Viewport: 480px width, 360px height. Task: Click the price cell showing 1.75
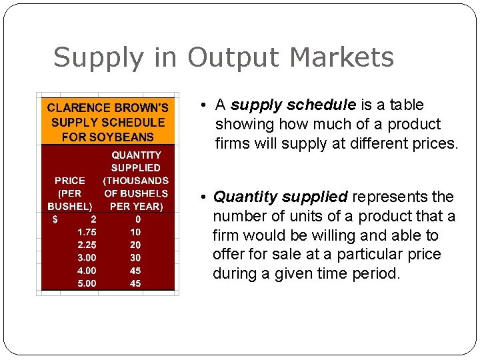click(x=87, y=232)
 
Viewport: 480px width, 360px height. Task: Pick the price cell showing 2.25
click(x=87, y=245)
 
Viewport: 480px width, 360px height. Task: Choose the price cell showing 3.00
click(x=87, y=257)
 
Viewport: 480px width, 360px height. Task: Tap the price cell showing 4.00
click(x=87, y=271)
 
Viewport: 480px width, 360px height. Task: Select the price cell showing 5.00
click(x=87, y=283)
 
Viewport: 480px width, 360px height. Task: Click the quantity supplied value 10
click(x=135, y=232)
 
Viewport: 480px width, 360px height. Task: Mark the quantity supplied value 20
click(x=135, y=245)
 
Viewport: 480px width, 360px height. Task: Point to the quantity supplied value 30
click(x=135, y=257)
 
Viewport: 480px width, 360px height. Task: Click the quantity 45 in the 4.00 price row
click(x=135, y=271)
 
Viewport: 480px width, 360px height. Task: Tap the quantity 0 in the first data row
click(x=137, y=219)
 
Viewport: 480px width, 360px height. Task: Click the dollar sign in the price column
click(x=55, y=219)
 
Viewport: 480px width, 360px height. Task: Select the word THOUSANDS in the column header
click(x=136, y=181)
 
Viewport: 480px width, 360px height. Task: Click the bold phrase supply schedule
click(x=293, y=105)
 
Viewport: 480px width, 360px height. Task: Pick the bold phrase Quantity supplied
click(x=280, y=197)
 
